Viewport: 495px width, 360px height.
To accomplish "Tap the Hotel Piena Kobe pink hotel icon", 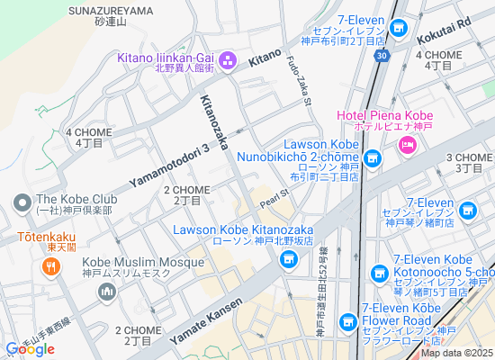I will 407,145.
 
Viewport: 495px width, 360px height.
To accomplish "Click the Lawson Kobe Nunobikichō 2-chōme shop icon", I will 372,158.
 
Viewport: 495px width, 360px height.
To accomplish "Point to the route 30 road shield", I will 383,56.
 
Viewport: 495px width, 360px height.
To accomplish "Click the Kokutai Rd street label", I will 445,33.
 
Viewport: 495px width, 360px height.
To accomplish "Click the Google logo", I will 30,348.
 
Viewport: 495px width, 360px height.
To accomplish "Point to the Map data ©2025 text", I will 457,352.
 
